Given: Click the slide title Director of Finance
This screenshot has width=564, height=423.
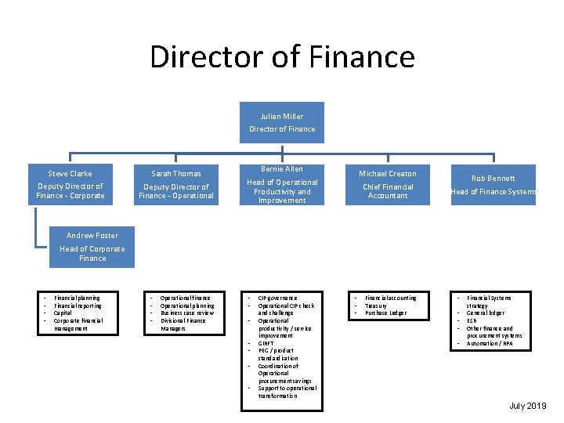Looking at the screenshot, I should tap(282, 57).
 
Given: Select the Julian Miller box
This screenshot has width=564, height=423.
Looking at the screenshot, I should tap(282, 123).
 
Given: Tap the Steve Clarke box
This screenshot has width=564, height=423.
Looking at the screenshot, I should tap(70, 184).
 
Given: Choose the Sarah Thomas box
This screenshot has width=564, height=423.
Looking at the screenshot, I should tap(176, 185).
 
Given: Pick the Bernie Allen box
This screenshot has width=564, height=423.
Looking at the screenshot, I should tap(282, 184).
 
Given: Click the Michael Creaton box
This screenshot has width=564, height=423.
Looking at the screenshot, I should tap(388, 184).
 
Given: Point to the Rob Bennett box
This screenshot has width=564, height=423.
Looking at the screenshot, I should tap(493, 184).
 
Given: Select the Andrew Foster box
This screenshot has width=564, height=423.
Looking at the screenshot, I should tap(92, 246).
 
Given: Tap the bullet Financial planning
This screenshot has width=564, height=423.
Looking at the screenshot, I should tap(77, 298).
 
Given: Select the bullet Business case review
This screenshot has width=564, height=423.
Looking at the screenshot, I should tap(186, 313).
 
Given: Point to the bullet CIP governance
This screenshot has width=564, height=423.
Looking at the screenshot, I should tap(278, 298).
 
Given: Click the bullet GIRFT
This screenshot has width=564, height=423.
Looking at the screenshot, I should tap(267, 343).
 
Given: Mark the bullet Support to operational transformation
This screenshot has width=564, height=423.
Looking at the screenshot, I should tap(286, 392).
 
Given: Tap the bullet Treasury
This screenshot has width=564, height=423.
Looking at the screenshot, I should tap(377, 305).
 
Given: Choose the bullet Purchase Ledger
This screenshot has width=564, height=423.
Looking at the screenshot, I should tap(385, 313).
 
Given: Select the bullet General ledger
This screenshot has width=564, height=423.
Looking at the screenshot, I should tap(486, 313).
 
